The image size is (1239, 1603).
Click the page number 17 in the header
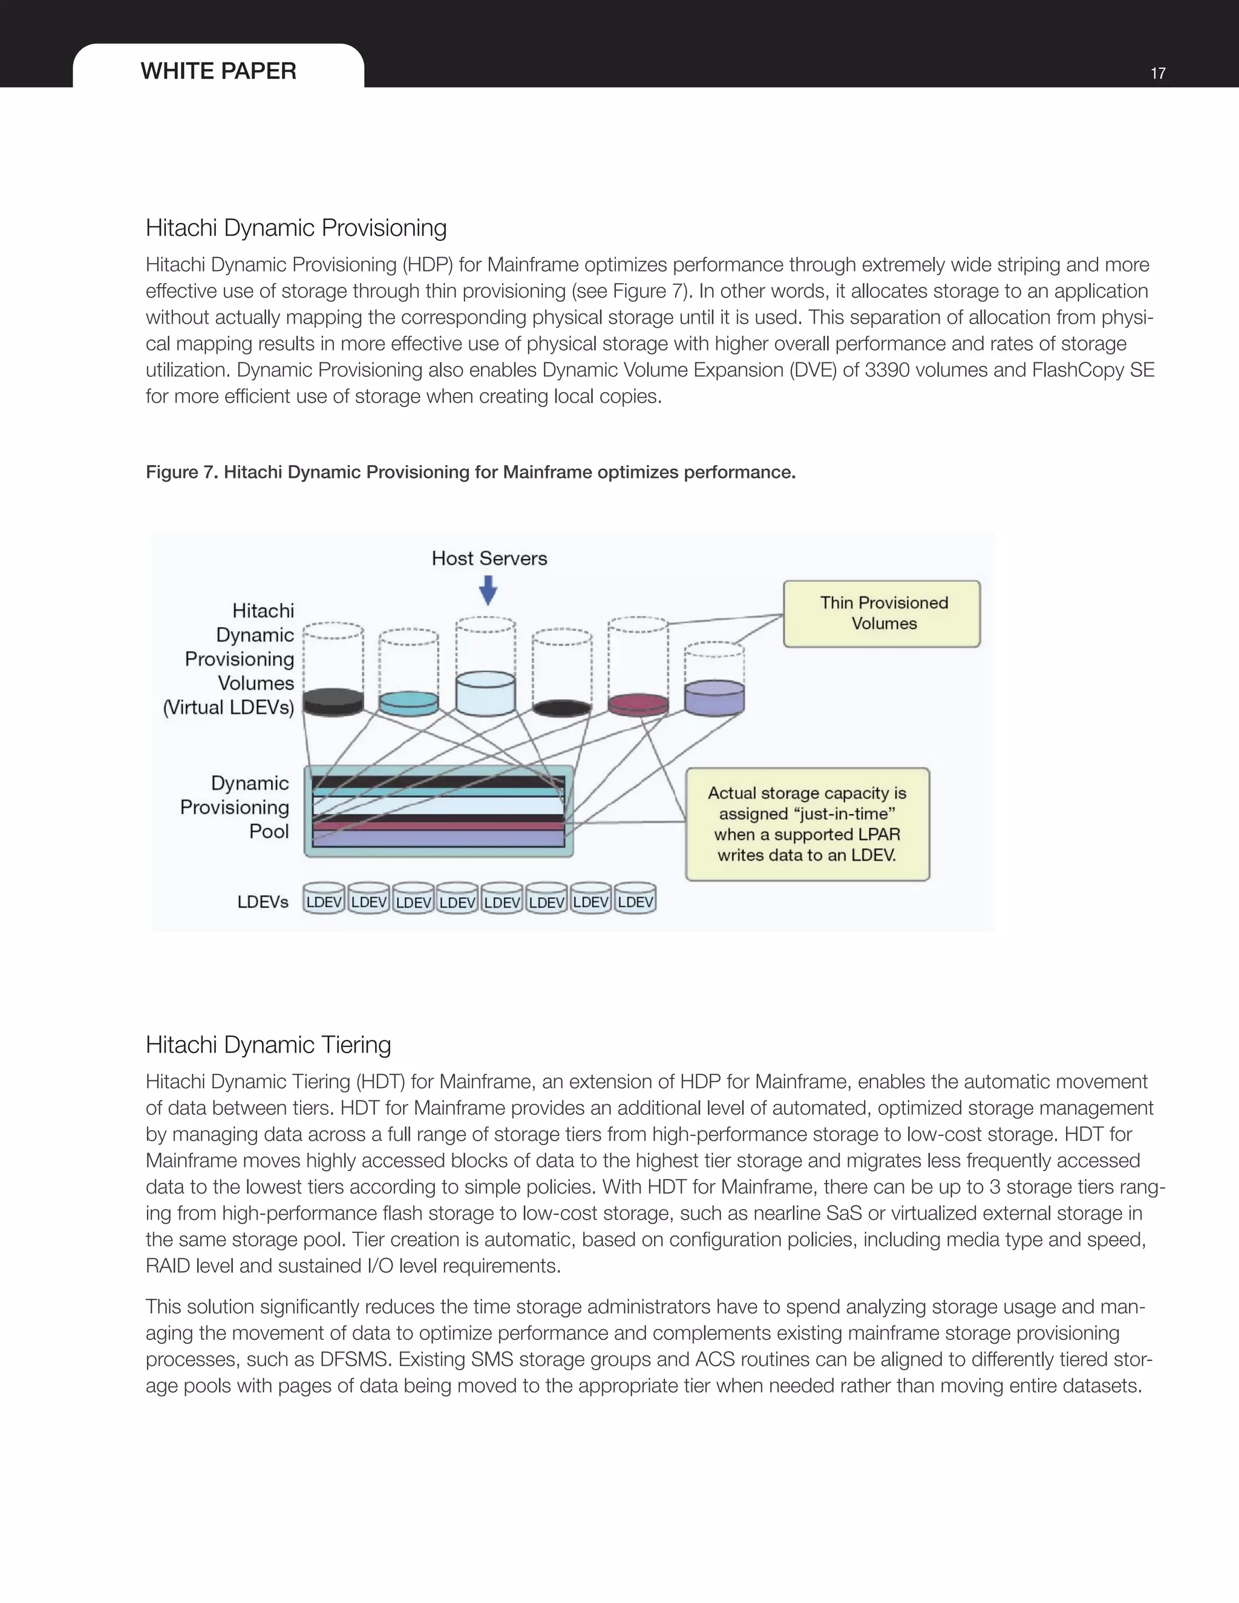(1157, 73)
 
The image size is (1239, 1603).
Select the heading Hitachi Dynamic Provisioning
(296, 227)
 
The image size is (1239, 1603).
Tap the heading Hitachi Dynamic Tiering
(268, 1045)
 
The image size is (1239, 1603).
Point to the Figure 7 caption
(471, 472)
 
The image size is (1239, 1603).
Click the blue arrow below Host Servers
(488, 589)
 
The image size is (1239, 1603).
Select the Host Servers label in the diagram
(489, 558)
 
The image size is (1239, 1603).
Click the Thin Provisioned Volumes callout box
(881, 613)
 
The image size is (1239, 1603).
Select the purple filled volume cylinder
(714, 697)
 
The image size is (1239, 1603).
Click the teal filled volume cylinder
(409, 702)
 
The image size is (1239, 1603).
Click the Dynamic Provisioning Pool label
(235, 808)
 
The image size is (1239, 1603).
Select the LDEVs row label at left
(262, 902)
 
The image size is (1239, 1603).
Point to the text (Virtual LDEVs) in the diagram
(228, 708)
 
